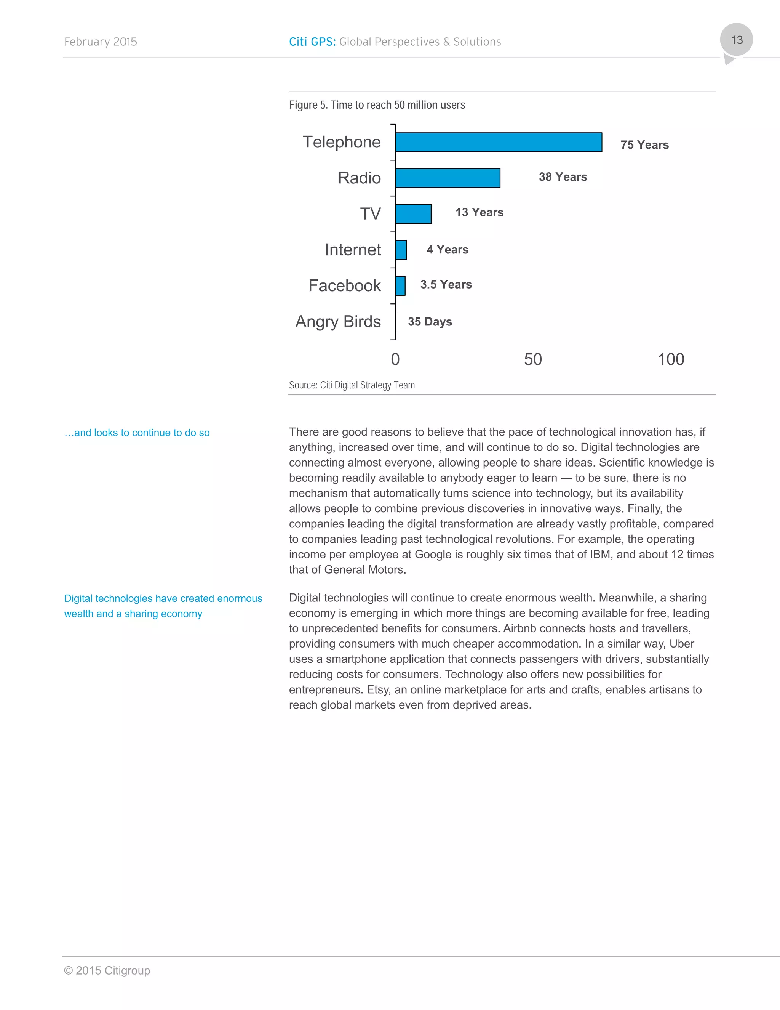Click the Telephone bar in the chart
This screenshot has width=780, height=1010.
(498, 142)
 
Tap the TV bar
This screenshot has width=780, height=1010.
(413, 214)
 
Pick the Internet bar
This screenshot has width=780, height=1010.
(401, 250)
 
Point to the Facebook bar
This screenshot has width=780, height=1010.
(400, 286)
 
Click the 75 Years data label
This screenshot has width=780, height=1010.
(644, 145)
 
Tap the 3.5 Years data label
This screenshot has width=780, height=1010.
(446, 284)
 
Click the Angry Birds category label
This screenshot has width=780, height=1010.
(338, 321)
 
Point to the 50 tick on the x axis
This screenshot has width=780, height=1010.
(532, 359)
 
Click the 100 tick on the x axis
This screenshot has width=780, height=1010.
(670, 359)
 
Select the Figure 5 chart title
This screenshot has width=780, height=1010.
(377, 105)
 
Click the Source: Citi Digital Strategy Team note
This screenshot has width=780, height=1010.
(352, 385)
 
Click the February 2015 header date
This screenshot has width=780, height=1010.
(100, 42)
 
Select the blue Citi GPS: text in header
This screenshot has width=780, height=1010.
(312, 42)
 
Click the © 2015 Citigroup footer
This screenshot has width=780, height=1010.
(107, 970)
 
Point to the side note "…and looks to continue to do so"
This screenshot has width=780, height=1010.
(137, 433)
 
